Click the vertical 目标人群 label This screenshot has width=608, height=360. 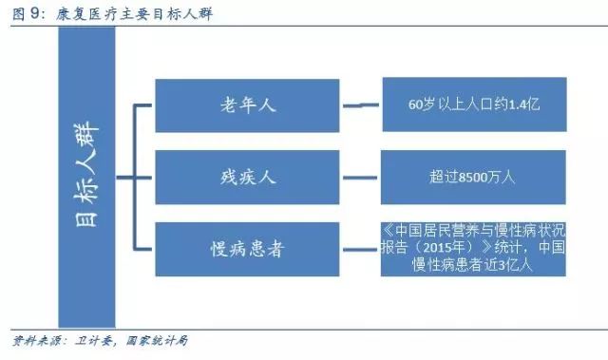point(86,178)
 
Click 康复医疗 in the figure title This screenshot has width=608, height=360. point(77,11)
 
